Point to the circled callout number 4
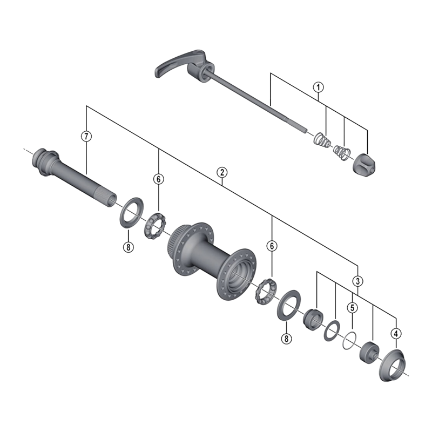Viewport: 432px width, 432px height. pos(396,333)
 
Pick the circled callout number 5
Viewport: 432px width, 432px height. pos(352,308)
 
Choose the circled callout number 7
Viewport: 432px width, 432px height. pos(86,136)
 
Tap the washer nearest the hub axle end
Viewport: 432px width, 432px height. pos(129,212)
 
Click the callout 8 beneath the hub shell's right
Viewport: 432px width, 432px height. pos(286,339)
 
